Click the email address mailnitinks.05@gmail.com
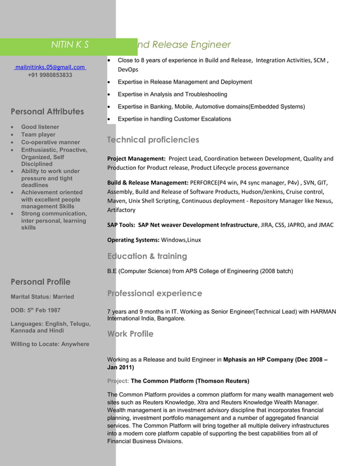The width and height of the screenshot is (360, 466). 50,67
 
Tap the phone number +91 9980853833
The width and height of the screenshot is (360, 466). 50,75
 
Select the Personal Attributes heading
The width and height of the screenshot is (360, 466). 47,112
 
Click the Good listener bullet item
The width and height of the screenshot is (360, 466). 40,128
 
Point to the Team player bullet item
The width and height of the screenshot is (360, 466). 38,135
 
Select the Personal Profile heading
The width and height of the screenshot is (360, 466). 41,282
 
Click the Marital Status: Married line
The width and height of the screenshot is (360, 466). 42,297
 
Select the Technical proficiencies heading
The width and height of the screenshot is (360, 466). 153,140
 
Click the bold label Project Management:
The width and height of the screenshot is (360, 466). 136,159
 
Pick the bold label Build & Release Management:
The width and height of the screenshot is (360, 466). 147,183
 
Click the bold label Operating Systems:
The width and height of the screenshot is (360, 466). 133,240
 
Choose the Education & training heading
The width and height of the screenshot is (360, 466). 147,256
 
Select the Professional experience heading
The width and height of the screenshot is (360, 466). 154,293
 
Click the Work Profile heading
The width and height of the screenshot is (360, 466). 130,334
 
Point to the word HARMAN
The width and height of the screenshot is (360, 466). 323,311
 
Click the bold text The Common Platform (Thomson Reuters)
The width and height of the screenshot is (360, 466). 190,381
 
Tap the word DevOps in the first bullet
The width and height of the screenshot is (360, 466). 128,69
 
